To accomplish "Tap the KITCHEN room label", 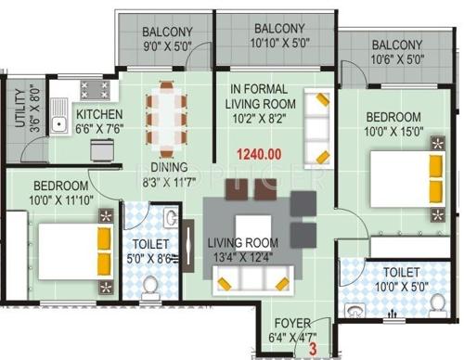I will tap(99, 114).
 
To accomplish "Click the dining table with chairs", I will tap(166, 115).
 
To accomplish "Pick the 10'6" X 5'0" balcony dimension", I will tap(398, 59).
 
